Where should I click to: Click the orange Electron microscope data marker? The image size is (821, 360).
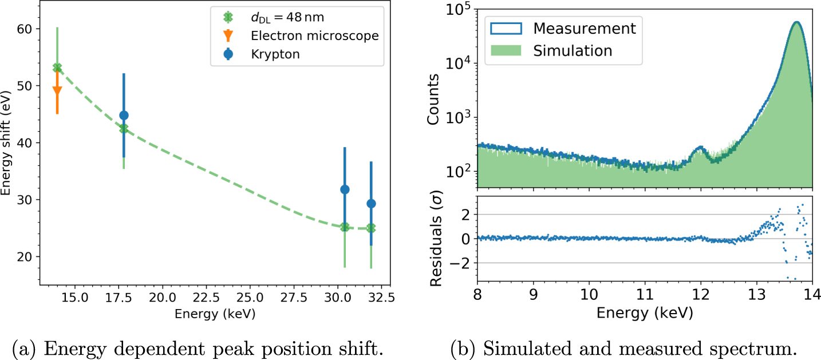[x=57, y=90]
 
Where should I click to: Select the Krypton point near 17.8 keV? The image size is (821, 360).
[x=124, y=116]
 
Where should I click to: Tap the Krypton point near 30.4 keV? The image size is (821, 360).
[x=345, y=189]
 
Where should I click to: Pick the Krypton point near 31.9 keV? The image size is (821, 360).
[x=371, y=204]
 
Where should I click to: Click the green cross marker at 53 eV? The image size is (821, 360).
[x=57, y=68]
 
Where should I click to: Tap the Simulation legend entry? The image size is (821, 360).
[x=573, y=50]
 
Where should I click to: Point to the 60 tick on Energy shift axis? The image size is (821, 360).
[x=27, y=29]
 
